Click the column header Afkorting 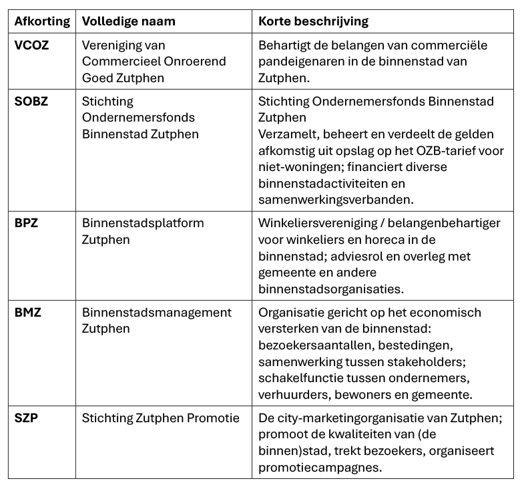point(42,21)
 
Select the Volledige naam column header point(128,21)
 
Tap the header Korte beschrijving point(313,21)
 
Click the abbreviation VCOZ point(32,45)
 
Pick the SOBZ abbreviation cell point(31,102)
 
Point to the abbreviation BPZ point(27,222)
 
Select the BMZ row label point(28,312)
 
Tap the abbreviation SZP point(26,418)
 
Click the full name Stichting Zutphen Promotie point(160,418)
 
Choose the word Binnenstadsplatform point(143,222)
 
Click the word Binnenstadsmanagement point(157,312)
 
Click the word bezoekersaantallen point(314,345)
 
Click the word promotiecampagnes point(320,467)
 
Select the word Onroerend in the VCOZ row point(194,61)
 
